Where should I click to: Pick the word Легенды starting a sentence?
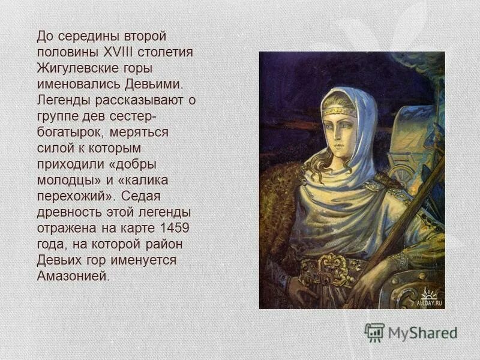[x=62, y=100]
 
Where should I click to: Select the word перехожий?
[x=74, y=196]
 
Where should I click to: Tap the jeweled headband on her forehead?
[x=339, y=112]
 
